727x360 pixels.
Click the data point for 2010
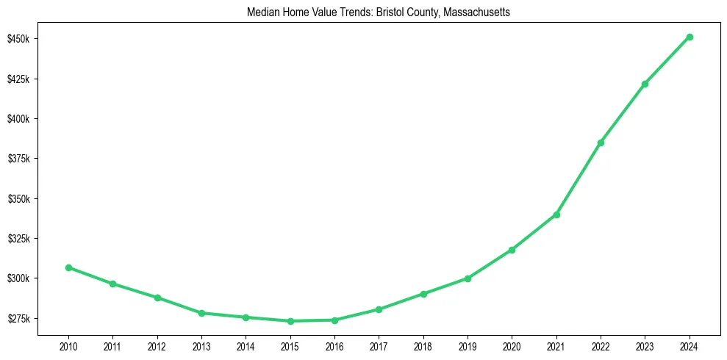pos(68,267)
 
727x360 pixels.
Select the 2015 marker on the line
pos(290,321)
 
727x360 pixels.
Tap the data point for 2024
pos(690,37)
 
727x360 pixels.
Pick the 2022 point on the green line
pos(601,143)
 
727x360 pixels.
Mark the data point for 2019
pos(468,278)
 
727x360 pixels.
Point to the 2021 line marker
pos(556,215)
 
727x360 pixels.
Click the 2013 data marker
pos(201,313)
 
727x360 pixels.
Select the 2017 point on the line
pos(379,309)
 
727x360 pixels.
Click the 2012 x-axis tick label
pos(157,345)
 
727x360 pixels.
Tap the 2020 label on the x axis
pos(512,345)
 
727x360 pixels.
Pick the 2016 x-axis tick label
pos(334,345)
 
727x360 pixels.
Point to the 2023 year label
pos(645,345)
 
